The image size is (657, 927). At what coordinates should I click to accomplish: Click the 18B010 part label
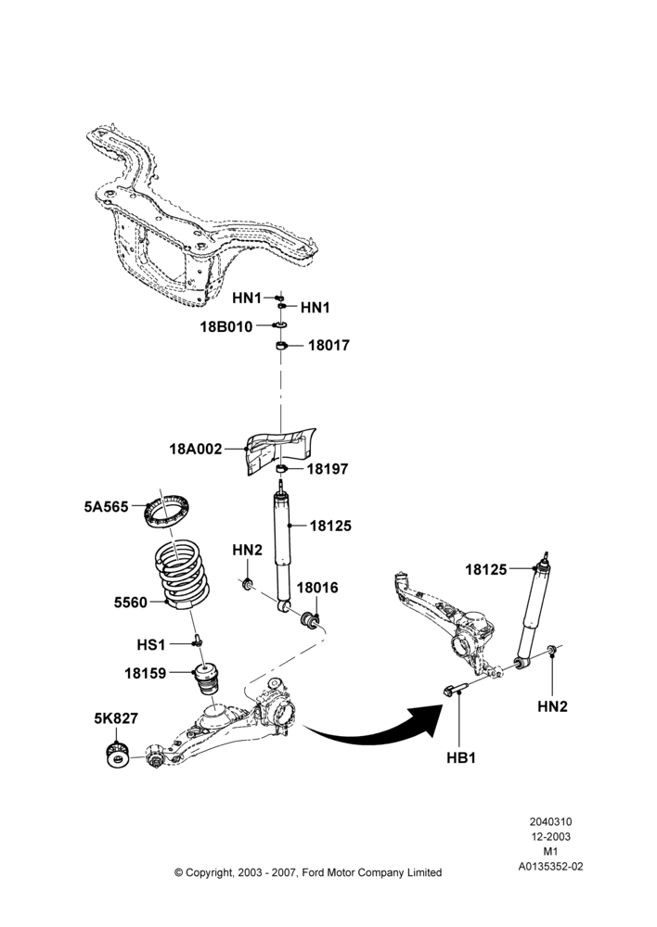click(226, 327)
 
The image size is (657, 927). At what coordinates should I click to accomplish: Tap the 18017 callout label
click(329, 345)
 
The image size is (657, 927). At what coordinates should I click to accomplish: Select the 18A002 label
click(195, 450)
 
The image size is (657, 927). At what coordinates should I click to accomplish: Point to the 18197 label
click(328, 469)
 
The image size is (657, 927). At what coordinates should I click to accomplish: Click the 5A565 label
click(106, 507)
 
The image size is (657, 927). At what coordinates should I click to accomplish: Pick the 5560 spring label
click(130, 603)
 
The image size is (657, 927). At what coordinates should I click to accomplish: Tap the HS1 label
click(151, 645)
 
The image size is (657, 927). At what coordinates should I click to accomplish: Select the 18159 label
click(145, 673)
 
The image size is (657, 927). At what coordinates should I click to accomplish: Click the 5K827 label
click(116, 718)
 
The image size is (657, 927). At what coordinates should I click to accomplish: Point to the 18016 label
click(317, 588)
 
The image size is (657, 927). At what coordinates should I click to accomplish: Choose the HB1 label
click(461, 758)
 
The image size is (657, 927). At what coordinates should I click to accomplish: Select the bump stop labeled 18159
click(209, 681)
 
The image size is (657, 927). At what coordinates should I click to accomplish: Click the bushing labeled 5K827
click(119, 756)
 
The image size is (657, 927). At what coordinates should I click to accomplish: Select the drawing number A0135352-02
click(550, 867)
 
